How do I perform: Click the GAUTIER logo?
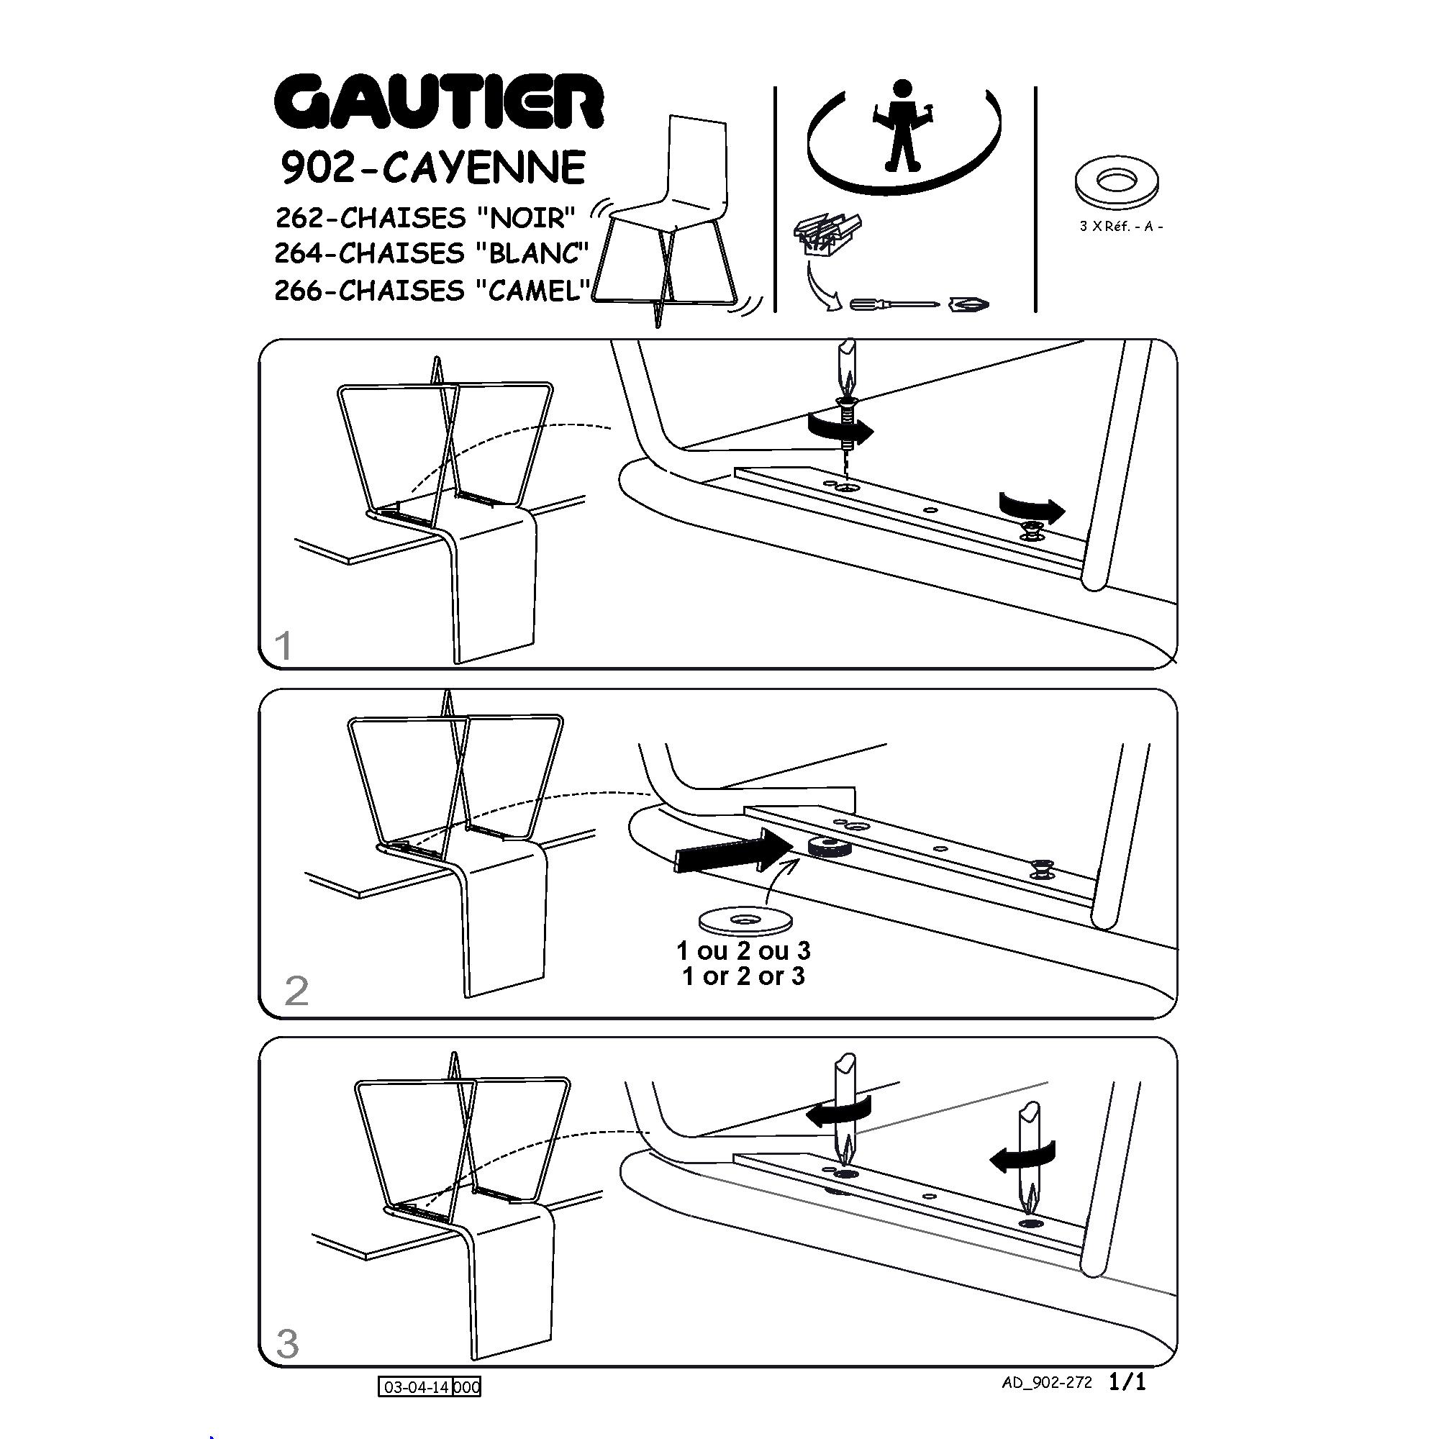439,102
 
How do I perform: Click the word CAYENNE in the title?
484,168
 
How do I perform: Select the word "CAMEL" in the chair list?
533,290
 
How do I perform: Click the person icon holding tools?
902,125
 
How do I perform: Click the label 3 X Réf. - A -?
1121,226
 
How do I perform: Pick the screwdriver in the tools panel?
894,304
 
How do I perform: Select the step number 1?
283,645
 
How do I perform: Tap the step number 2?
296,991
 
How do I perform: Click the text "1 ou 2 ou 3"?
743,951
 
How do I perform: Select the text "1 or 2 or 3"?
743,976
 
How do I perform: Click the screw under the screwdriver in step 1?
846,425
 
